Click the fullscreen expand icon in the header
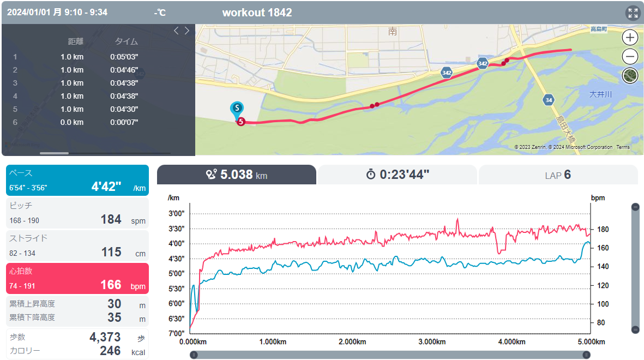[x=633, y=13]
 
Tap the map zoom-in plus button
[x=630, y=38]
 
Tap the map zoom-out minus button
[x=630, y=56]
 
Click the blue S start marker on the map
[x=237, y=109]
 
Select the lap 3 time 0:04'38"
[x=124, y=83]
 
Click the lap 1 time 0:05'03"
[x=124, y=57]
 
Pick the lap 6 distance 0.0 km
[x=72, y=123]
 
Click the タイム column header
[x=126, y=41]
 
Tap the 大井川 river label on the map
[x=600, y=94]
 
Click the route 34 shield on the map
[x=549, y=100]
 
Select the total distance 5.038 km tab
[x=237, y=175]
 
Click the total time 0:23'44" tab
[x=397, y=175]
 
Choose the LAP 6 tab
[x=558, y=175]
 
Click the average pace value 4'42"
[x=106, y=187]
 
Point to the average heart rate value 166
[x=111, y=285]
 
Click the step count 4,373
[x=105, y=337]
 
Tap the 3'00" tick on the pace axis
[x=177, y=214]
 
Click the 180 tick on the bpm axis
[x=603, y=229]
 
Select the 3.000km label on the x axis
[x=432, y=342]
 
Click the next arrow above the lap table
[x=187, y=31]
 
